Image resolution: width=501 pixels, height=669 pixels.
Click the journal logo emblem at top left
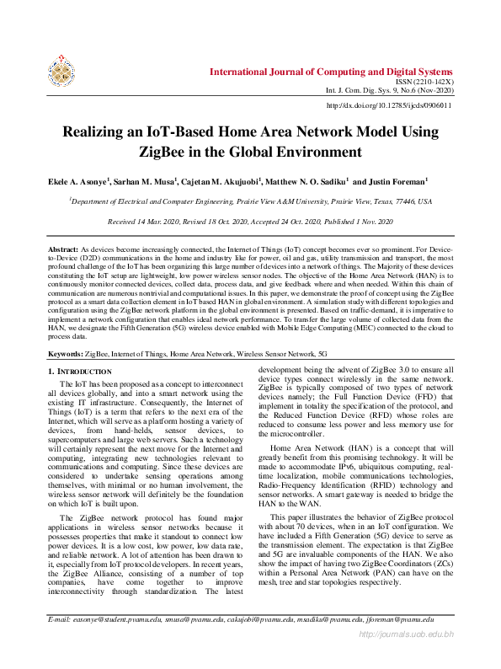pyautogui.click(x=61, y=73)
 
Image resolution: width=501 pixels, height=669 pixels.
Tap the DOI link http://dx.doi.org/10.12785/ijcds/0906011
pyautogui.click(x=388, y=105)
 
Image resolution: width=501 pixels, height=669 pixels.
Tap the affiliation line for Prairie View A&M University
pyautogui.click(x=250, y=202)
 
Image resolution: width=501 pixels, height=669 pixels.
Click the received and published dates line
pyautogui.click(x=250, y=222)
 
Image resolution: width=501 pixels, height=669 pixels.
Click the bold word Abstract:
pyautogui.click(x=62, y=251)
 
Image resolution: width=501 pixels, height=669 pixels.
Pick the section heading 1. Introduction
pyautogui.click(x=79, y=372)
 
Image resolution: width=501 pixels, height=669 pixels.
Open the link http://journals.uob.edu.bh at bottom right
pyautogui.click(x=407, y=657)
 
